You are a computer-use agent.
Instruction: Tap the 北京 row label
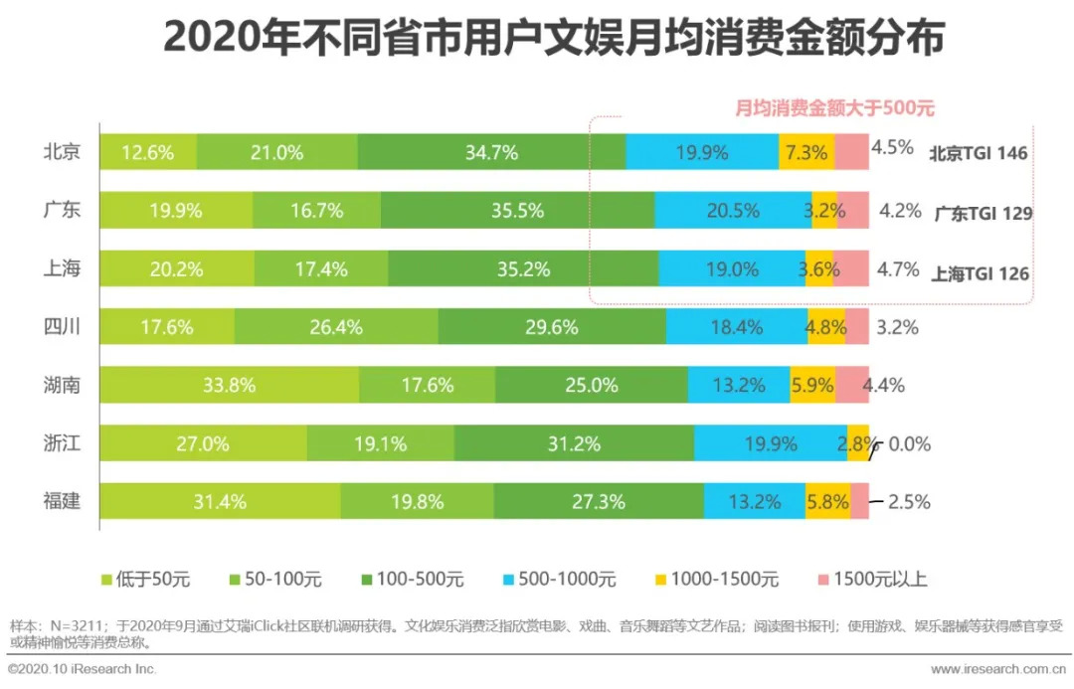(x=62, y=152)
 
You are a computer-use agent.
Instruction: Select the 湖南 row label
(x=62, y=385)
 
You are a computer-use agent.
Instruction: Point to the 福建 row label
(x=62, y=501)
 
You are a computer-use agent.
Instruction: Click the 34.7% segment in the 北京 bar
(x=491, y=152)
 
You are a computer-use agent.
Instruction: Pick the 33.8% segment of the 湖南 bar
(x=230, y=385)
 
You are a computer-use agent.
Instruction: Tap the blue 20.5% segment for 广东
(x=733, y=211)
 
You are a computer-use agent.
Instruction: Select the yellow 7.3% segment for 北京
(x=805, y=152)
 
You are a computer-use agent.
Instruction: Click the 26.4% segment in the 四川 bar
(x=336, y=327)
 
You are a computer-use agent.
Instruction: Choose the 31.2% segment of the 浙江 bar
(x=574, y=443)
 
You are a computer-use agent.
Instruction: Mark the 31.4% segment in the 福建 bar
(x=220, y=501)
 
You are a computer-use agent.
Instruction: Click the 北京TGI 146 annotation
(x=978, y=153)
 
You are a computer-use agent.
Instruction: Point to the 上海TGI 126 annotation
(x=980, y=273)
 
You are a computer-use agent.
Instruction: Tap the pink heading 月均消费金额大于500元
(x=834, y=108)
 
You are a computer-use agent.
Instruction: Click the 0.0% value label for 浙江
(x=910, y=444)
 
